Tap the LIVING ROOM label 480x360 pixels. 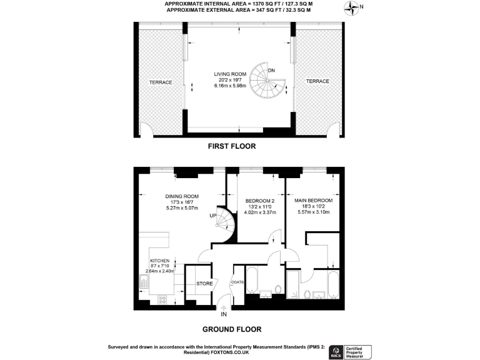coord(231,74)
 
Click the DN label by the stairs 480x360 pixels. coord(271,70)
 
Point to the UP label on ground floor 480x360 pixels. coord(213,216)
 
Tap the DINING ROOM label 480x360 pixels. coord(182,196)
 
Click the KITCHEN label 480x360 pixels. coord(160,261)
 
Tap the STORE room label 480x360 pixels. coord(204,284)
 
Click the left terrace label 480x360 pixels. coord(160,81)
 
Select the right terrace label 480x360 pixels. coord(317,81)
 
